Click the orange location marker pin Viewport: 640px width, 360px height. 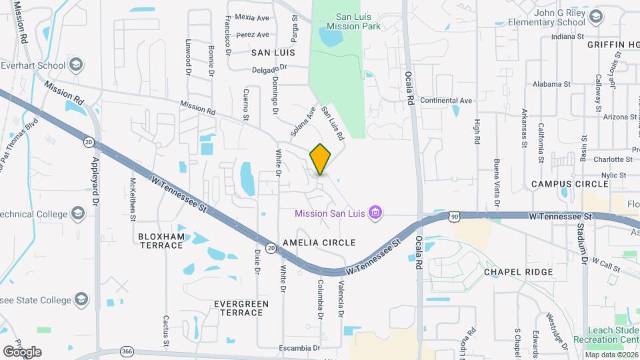(321, 159)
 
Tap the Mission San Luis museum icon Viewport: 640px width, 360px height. (376, 213)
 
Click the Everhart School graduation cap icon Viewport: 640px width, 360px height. (77, 65)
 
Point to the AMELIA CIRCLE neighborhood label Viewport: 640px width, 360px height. (319, 243)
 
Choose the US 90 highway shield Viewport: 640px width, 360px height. (454, 217)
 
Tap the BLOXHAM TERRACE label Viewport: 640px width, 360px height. (160, 241)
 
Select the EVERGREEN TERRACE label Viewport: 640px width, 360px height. (241, 308)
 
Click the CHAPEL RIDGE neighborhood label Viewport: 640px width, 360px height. (518, 272)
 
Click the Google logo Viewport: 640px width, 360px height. (22, 351)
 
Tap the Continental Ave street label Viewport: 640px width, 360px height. (446, 101)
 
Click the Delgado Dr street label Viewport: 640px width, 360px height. (269, 68)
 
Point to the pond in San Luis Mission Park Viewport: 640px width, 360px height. (332, 37)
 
